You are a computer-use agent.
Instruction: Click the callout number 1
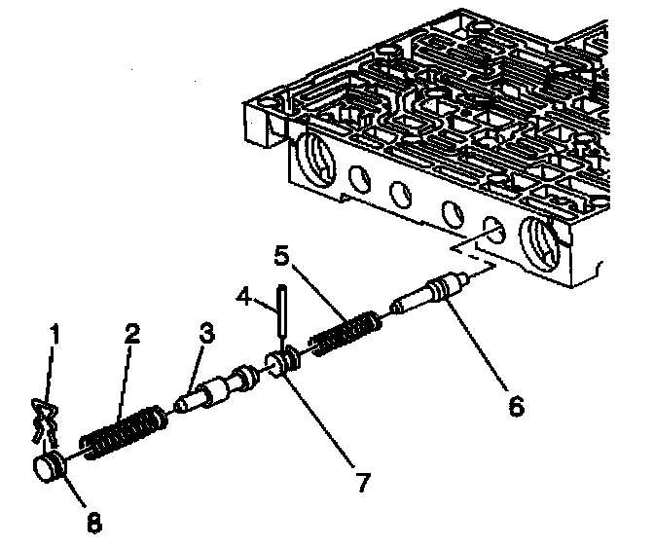55,335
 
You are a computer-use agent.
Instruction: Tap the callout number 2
131,334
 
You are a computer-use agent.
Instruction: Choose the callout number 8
93,522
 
